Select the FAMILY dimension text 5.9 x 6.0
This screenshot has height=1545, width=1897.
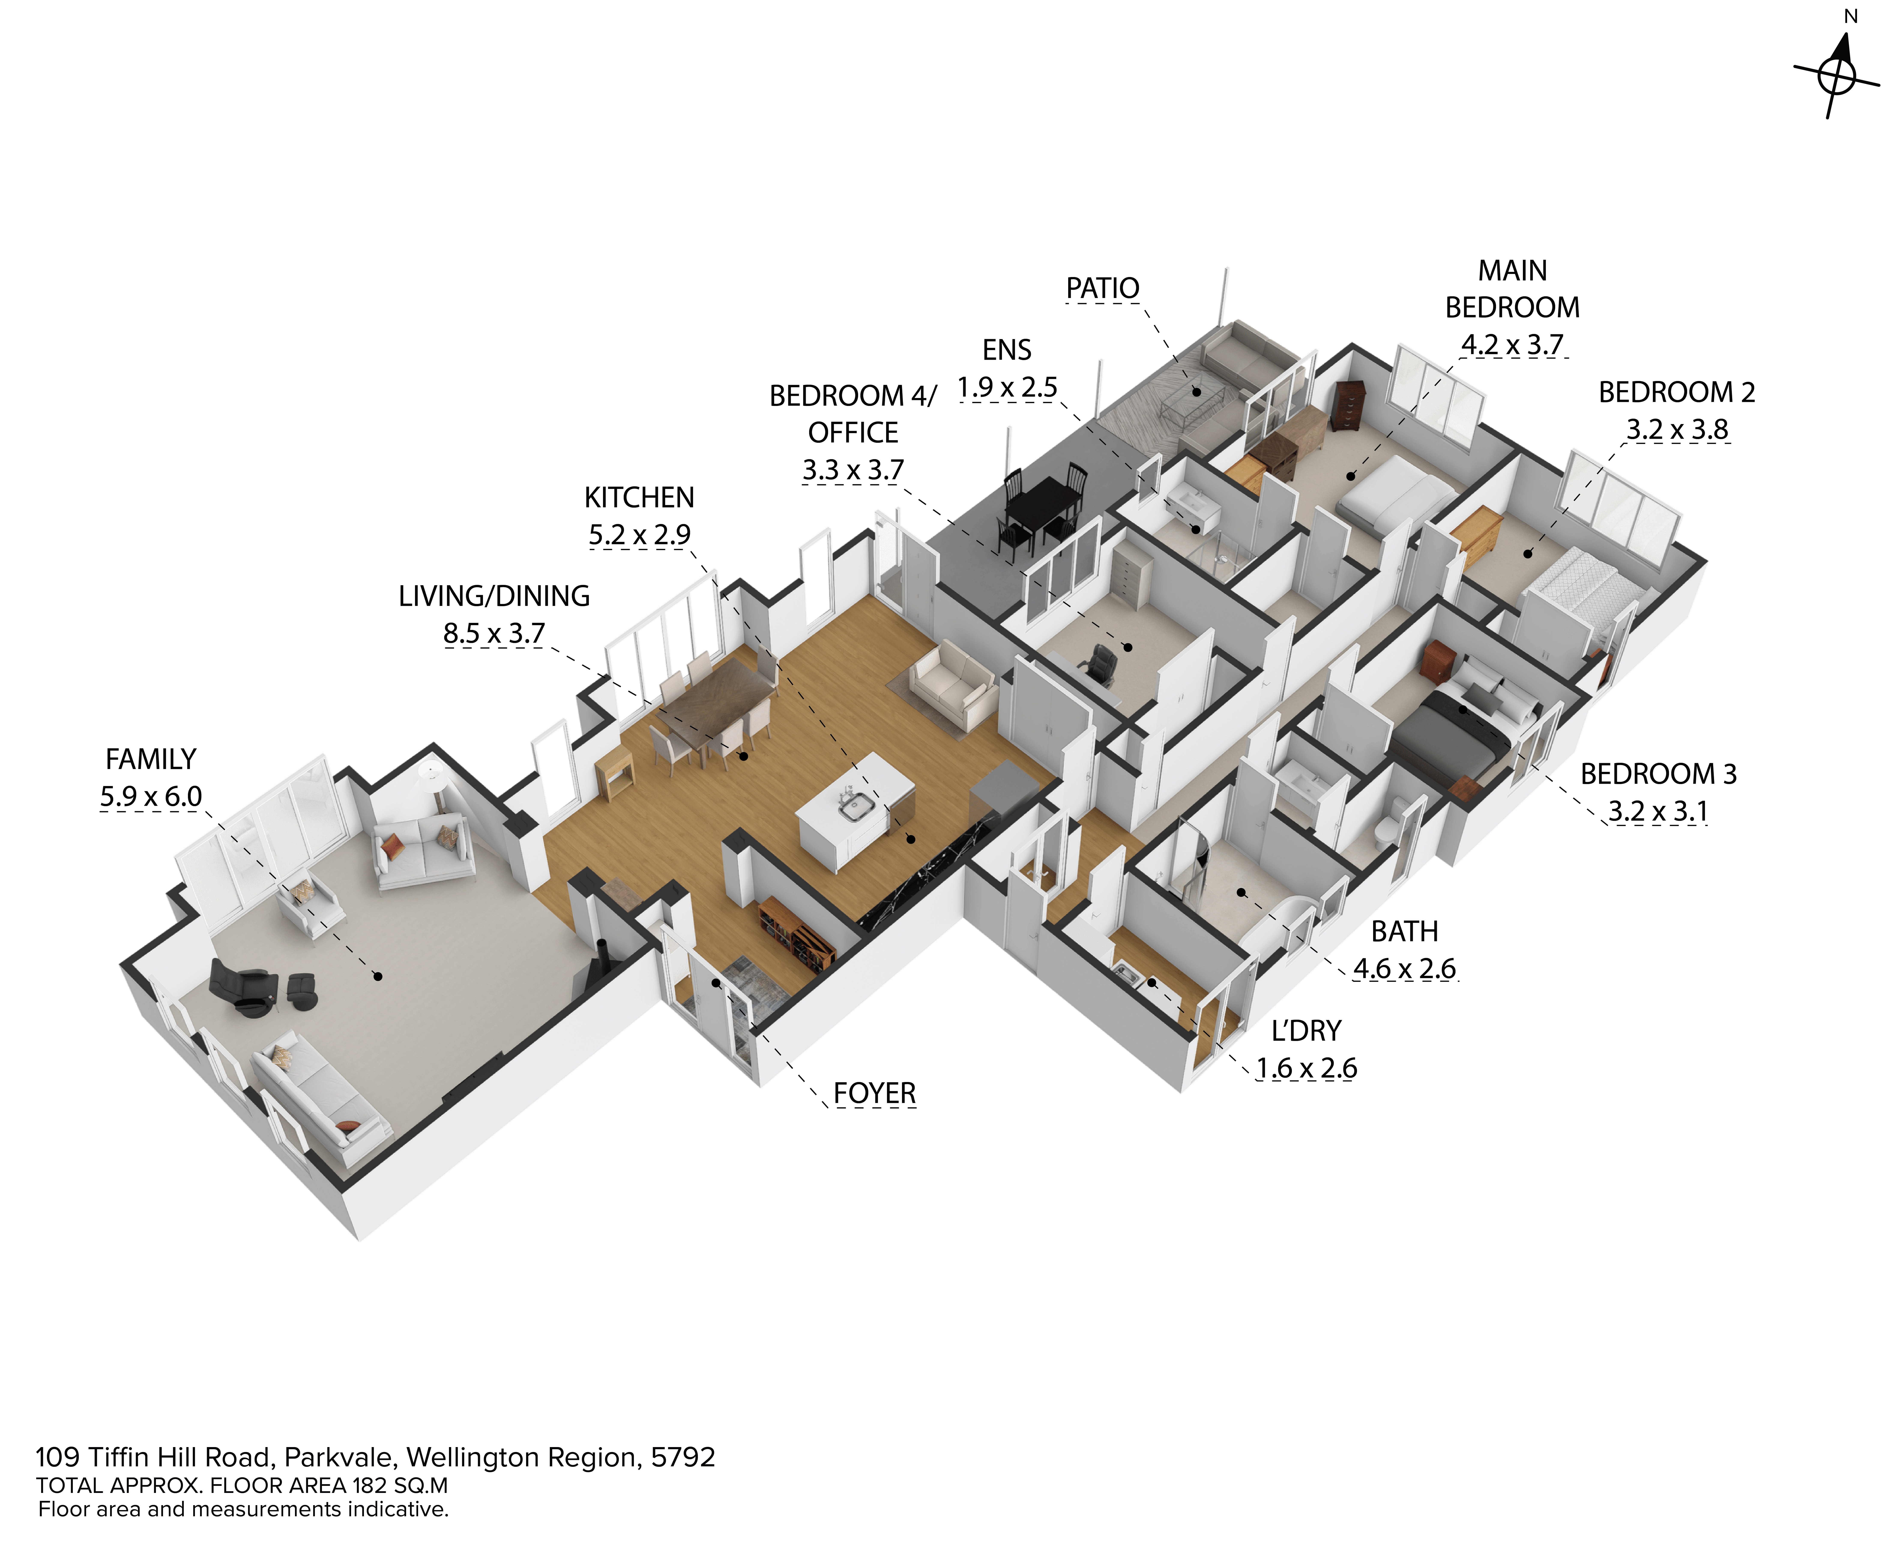click(x=150, y=796)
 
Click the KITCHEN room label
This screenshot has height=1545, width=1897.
click(x=639, y=498)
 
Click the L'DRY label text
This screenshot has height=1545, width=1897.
click(x=1305, y=1030)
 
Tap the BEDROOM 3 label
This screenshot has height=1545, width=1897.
click(x=1658, y=774)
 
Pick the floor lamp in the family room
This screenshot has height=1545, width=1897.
click(x=433, y=783)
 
